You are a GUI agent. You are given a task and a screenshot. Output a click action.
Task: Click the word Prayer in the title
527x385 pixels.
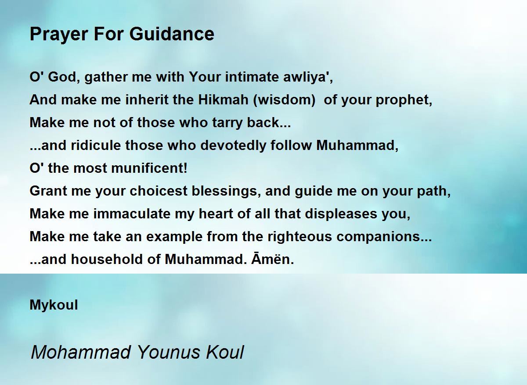tap(59, 35)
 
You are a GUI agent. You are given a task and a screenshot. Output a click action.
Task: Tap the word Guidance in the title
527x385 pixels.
tap(172, 34)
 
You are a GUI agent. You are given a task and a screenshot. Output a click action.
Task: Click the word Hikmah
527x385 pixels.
tap(223, 100)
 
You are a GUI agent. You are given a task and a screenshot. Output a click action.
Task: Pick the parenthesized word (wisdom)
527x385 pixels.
tap(284, 100)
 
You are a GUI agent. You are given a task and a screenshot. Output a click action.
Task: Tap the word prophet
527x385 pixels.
tap(404, 100)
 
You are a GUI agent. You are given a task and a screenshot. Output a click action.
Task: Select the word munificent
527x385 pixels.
tap(149, 168)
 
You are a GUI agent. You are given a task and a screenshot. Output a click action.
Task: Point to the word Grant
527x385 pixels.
tap(48, 191)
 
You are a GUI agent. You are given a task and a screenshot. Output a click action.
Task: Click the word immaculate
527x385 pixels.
tap(132, 214)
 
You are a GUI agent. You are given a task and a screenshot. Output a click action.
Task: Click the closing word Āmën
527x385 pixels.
tap(273, 259)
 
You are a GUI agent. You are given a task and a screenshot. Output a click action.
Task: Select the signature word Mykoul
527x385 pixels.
tap(54, 305)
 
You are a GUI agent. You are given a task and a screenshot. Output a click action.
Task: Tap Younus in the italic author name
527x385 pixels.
tap(168, 353)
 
